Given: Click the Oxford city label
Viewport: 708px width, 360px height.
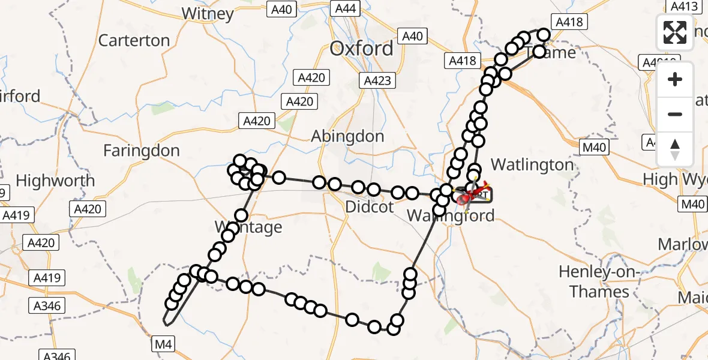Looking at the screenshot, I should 361,49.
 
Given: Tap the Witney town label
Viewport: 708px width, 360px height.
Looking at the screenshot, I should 207,13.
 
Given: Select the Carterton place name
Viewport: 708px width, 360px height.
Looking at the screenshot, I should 134,40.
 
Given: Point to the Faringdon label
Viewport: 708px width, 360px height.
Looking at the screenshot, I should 142,151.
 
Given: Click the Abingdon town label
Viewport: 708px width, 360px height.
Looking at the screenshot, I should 347,136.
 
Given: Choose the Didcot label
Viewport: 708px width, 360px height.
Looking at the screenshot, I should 370,208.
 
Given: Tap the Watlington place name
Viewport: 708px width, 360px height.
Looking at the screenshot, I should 532,164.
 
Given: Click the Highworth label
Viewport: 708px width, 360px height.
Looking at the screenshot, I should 55,180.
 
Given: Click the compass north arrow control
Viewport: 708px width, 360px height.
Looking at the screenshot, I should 675,149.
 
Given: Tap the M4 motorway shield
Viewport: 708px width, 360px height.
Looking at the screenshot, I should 163,344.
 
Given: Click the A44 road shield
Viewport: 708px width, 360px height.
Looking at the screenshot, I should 346,8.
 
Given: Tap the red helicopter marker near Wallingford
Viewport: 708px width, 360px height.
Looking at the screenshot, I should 474,194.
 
